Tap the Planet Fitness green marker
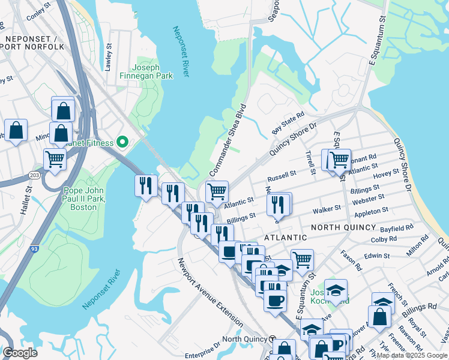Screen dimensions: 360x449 coord(123,143)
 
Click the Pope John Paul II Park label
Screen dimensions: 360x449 coord(83,198)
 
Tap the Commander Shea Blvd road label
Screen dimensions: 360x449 coord(228,135)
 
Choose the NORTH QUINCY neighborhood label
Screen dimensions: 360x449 coord(344,227)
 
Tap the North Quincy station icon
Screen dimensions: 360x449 coord(273,339)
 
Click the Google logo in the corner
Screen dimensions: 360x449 coord(20,353)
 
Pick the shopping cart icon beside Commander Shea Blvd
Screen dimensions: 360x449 coord(217,192)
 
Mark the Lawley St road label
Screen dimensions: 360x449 coord(109,57)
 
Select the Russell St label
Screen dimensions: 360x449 coord(282,176)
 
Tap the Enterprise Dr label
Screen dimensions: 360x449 coord(202,346)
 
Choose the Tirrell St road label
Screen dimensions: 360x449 coord(310,163)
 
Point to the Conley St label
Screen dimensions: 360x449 coord(37,10)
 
